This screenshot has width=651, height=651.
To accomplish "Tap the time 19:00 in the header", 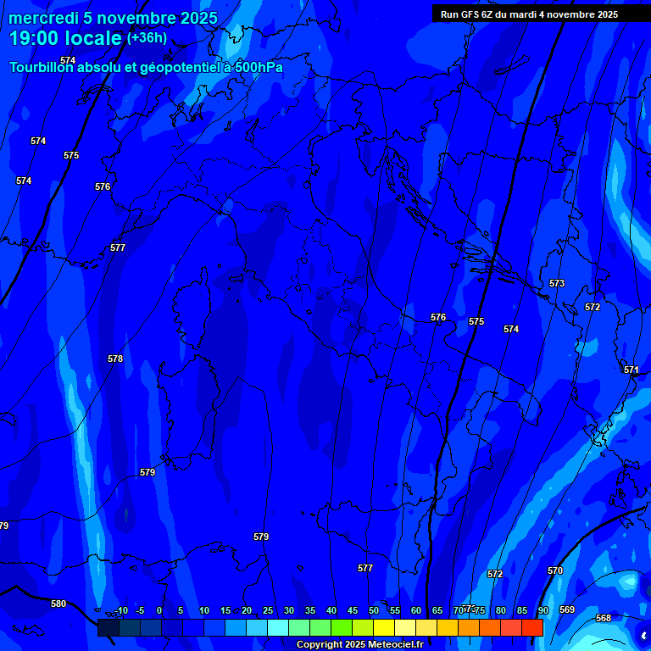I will click(36, 38).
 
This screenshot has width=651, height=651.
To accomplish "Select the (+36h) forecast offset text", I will click(147, 38).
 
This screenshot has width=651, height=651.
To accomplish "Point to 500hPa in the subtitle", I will click(259, 67).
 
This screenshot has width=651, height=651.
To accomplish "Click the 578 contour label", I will click(115, 359).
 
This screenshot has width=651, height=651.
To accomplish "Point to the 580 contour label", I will click(58, 604).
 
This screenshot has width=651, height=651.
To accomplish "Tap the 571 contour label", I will click(632, 370).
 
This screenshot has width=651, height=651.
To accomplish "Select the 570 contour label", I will click(555, 570).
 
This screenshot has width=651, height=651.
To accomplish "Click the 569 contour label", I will click(567, 609).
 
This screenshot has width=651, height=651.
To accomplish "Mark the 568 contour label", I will click(604, 618).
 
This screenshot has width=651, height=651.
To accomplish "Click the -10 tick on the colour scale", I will click(121, 610).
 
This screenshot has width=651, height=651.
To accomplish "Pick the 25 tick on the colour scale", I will click(267, 610).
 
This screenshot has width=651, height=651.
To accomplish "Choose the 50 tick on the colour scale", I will click(373, 610).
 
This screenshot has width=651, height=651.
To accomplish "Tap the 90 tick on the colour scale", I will click(542, 610).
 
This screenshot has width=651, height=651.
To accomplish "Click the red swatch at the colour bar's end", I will click(531, 627).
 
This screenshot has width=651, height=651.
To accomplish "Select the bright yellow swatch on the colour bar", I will click(383, 627).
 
